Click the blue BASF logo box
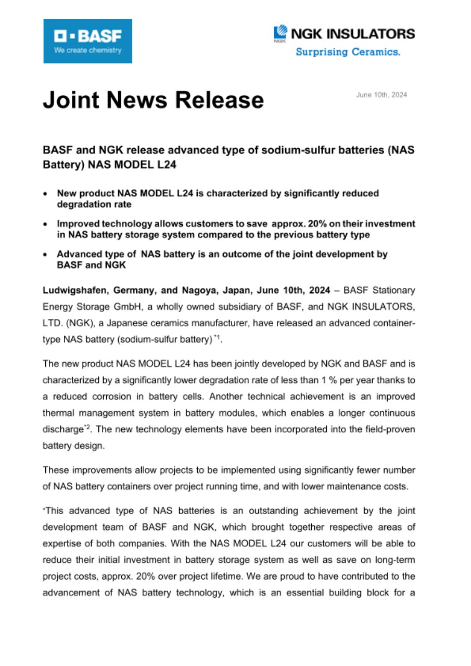[87, 41]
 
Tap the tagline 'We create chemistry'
[87, 50]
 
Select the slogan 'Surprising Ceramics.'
[348, 52]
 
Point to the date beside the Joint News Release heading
[381, 95]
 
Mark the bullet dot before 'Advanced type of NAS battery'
[46, 254]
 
